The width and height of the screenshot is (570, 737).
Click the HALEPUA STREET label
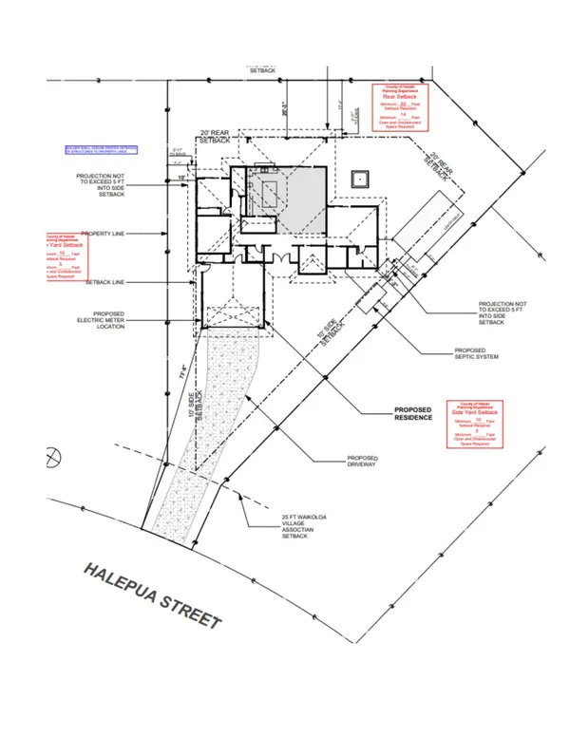tap(152, 595)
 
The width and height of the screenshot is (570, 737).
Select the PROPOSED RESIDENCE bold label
tap(413, 415)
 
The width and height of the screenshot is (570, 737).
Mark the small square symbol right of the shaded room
tap(360, 180)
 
